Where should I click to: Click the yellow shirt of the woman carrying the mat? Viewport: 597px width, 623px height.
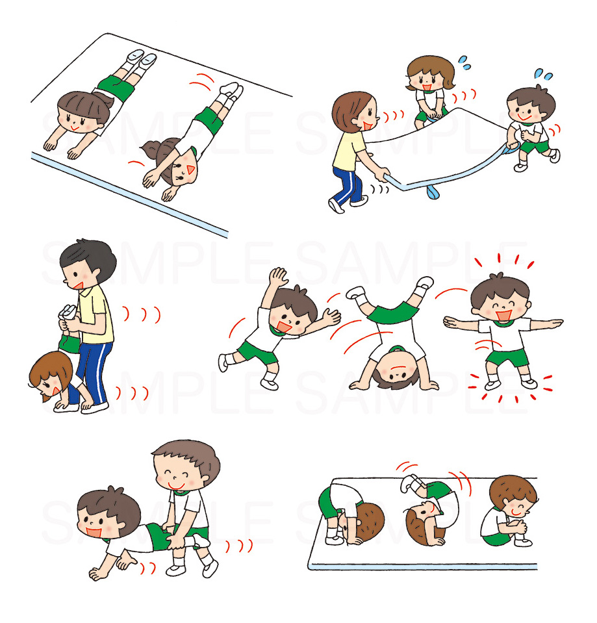(x=348, y=151)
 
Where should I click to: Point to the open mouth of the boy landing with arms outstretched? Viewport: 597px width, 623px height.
(x=503, y=314)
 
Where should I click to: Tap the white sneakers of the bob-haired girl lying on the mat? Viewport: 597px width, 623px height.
(x=141, y=59)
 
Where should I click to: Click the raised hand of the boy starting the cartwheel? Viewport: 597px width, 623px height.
(x=277, y=277)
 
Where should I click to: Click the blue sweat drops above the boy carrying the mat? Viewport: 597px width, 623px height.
(x=543, y=74)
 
